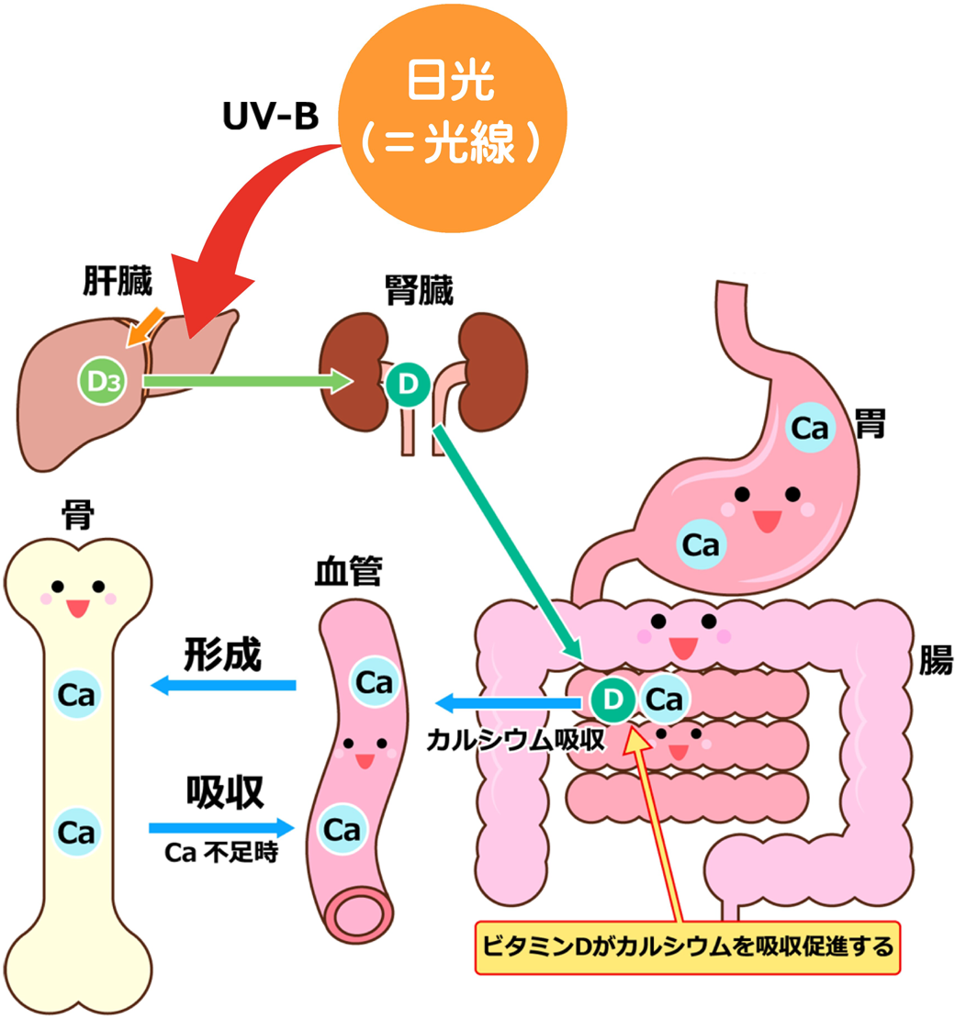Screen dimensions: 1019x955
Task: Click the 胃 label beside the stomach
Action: click(x=870, y=424)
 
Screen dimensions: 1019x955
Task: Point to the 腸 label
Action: click(x=935, y=660)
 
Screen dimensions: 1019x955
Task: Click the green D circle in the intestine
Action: click(x=613, y=700)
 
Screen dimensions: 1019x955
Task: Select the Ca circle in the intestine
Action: click(x=664, y=700)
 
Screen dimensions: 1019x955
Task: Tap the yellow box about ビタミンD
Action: click(x=687, y=945)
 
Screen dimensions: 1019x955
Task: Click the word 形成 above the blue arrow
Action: click(x=222, y=654)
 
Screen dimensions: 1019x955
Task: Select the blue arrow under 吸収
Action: click(x=221, y=828)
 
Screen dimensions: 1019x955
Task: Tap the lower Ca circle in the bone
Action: click(x=77, y=832)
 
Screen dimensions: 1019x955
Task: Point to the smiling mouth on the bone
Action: click(x=77, y=608)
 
